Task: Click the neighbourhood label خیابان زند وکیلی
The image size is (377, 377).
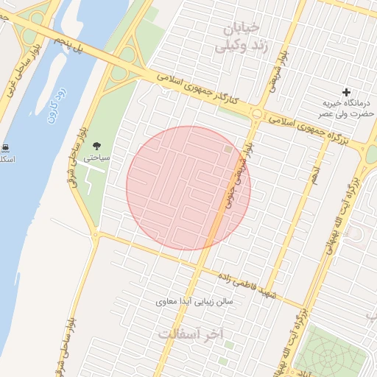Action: coord(237,36)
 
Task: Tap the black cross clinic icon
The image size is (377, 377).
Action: coord(346,92)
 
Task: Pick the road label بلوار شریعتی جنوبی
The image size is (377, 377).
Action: coord(239,177)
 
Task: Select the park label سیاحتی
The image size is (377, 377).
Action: coord(96,158)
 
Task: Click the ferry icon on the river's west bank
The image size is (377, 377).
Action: coord(7,147)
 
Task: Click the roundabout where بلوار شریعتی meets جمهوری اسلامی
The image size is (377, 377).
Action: coord(257,114)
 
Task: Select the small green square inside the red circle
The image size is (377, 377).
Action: coord(228,149)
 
